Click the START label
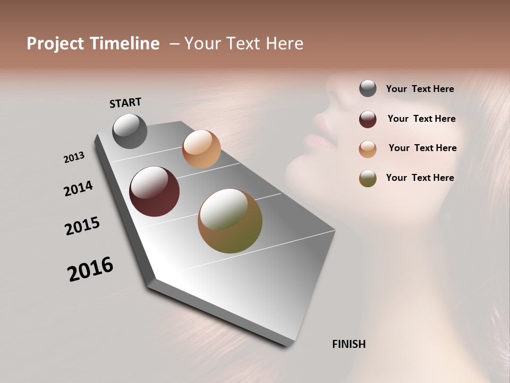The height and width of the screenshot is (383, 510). pos(125,103)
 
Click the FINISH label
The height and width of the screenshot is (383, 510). pos(348,344)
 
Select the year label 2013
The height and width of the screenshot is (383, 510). pos(74,157)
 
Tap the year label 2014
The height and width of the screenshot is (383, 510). pos(78,188)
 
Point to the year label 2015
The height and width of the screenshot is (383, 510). pos(82,226)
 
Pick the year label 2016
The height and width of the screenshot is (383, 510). pos(90,269)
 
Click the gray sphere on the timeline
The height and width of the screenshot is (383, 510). pos(130,131)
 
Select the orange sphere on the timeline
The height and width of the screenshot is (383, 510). pos(201,149)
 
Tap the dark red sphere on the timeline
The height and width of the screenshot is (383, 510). pos(154,191)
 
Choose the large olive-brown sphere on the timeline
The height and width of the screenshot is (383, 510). pos(229,221)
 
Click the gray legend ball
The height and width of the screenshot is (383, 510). pos(368,89)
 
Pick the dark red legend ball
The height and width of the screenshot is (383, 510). pos(368,119)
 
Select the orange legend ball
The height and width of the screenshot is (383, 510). pos(368,149)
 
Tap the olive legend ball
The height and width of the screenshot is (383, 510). pos(368,178)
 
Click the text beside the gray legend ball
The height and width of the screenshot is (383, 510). pos(420,89)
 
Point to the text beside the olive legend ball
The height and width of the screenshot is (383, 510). pos(420,178)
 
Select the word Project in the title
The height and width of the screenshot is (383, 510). pos(55,44)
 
